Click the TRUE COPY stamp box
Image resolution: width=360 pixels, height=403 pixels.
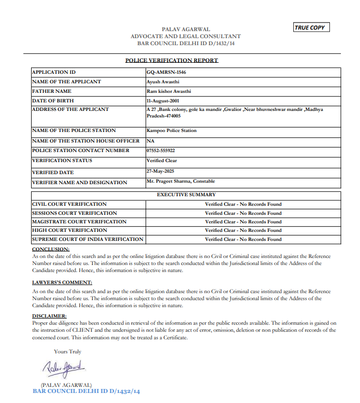(x=311, y=28)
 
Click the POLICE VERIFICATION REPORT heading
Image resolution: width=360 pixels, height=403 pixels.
(x=171, y=61)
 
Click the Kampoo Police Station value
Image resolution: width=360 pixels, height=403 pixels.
(x=171, y=130)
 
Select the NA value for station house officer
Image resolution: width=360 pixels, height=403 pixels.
(x=150, y=141)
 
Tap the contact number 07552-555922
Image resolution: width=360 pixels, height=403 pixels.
(x=161, y=151)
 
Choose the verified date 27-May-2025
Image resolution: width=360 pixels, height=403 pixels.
(x=159, y=171)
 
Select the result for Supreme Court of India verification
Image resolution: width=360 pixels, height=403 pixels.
(x=243, y=239)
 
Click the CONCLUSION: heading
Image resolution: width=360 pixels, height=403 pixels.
(x=51, y=249)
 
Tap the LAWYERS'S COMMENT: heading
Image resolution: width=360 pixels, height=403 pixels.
(x=62, y=283)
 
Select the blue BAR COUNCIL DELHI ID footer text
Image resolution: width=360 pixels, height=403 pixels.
(x=86, y=391)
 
